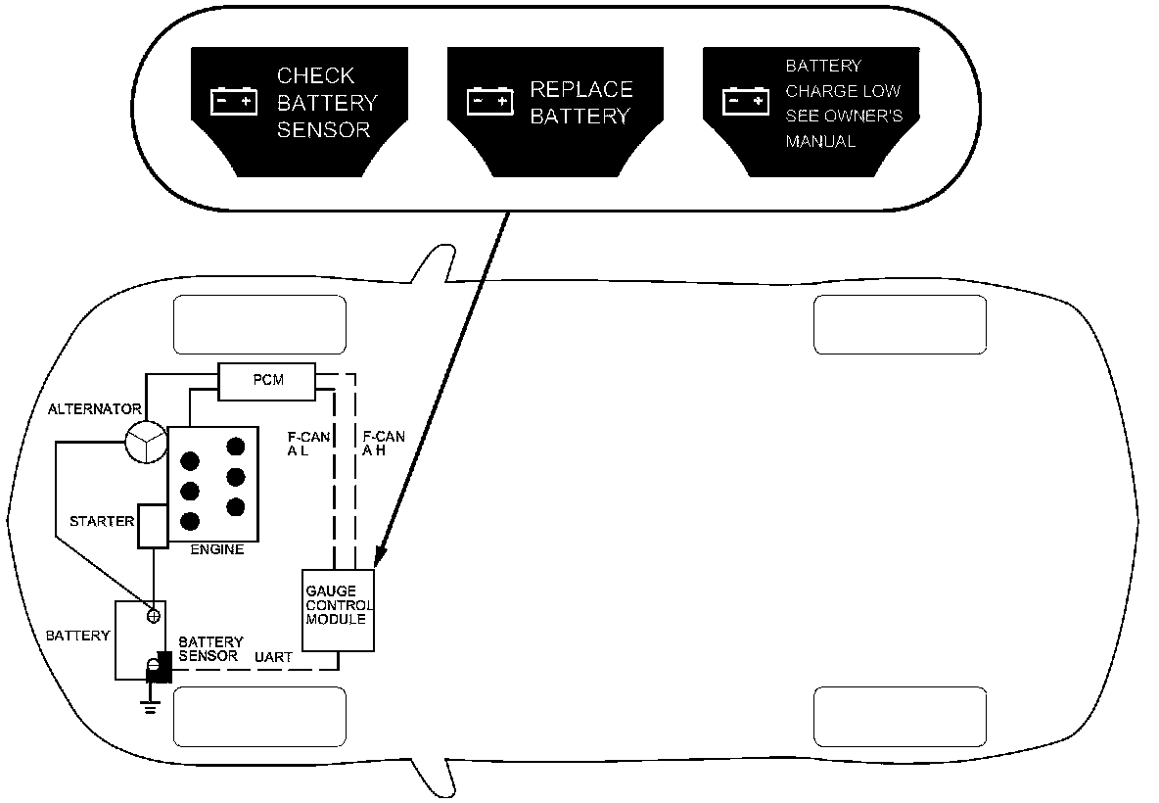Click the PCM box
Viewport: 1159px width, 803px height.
click(x=266, y=381)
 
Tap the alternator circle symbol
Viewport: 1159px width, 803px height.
click(x=146, y=443)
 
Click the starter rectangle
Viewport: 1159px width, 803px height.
click(x=154, y=526)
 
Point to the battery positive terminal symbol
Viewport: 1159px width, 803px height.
click(x=153, y=615)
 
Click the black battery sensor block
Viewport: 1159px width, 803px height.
click(x=158, y=668)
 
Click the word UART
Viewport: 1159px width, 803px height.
click(x=273, y=657)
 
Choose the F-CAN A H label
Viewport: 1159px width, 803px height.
click(x=383, y=445)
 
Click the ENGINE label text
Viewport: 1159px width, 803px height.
click(x=216, y=550)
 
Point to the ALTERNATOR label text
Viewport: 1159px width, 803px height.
click(x=95, y=409)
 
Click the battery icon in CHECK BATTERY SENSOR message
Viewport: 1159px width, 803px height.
click(x=234, y=101)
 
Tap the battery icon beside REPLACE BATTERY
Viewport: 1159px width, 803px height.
click(x=490, y=101)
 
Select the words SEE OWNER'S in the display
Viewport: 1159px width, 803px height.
click(x=844, y=117)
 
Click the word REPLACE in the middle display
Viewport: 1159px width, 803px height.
click(x=581, y=90)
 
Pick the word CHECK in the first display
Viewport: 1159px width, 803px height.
click(x=315, y=76)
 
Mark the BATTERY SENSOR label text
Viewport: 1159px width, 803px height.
click(x=210, y=649)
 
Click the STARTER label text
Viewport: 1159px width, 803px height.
click(x=102, y=521)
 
